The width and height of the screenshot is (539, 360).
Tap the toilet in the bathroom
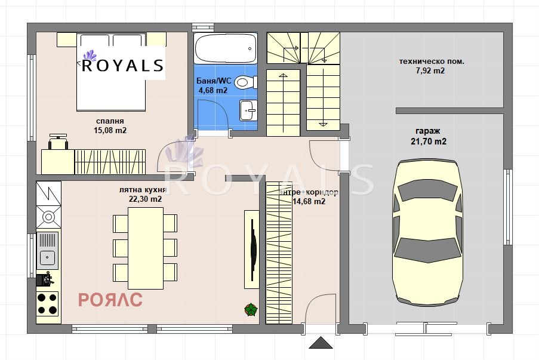tap(244, 82)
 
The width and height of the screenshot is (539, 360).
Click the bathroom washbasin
tap(248, 109)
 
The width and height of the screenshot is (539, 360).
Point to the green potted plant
tap(251, 309)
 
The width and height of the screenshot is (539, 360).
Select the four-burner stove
tap(48, 303)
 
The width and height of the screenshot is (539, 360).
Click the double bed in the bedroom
tap(112, 72)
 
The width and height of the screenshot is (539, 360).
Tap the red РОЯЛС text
tap(110, 299)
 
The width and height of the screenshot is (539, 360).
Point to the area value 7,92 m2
tap(430, 70)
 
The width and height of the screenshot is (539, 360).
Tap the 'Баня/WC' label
tap(213, 81)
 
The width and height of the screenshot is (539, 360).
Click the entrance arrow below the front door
tap(321, 343)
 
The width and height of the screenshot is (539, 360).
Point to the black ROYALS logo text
tap(122, 65)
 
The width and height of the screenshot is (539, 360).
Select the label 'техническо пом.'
tap(432, 61)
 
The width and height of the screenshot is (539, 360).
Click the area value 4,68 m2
tap(213, 91)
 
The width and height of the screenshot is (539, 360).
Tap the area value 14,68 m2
tap(309, 202)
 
